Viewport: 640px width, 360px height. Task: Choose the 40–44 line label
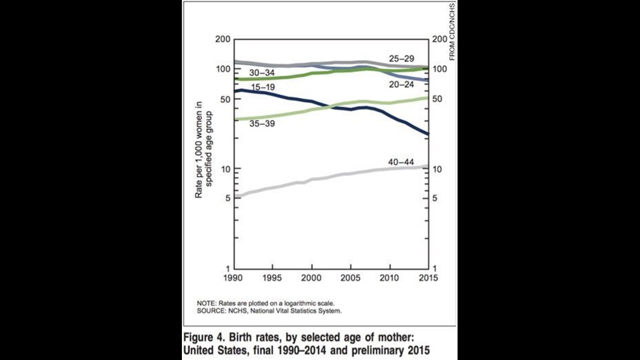[401, 162]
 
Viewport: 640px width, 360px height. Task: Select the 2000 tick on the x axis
[312, 278]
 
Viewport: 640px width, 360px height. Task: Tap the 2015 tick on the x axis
[429, 278]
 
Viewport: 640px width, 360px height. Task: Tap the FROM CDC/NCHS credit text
[451, 31]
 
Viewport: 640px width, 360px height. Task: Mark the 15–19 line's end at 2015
[428, 134]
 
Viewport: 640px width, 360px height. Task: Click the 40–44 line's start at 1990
[235, 196]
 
